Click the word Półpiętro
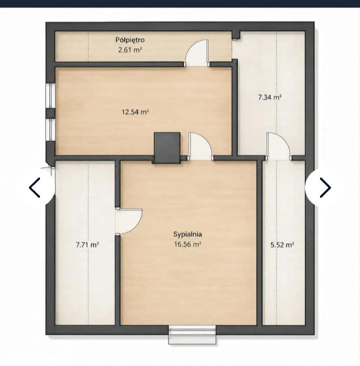click(130, 40)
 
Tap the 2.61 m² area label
click(130, 49)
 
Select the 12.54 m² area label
click(135, 112)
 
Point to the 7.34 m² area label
click(269, 97)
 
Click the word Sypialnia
click(187, 234)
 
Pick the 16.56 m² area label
click(187, 244)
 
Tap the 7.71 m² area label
click(87, 245)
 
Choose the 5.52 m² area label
click(282, 245)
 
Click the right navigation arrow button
click(325, 187)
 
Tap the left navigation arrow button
click(35, 187)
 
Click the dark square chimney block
click(167, 147)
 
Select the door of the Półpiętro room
click(196, 53)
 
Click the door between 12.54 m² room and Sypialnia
click(201, 146)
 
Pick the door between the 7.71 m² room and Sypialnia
click(128, 221)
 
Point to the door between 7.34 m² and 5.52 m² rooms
click(279, 146)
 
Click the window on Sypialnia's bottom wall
click(192, 334)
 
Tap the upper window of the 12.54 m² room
click(50, 95)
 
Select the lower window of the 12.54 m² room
click(50, 129)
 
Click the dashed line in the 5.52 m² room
click(277, 243)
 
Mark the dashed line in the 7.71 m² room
click(88, 243)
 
